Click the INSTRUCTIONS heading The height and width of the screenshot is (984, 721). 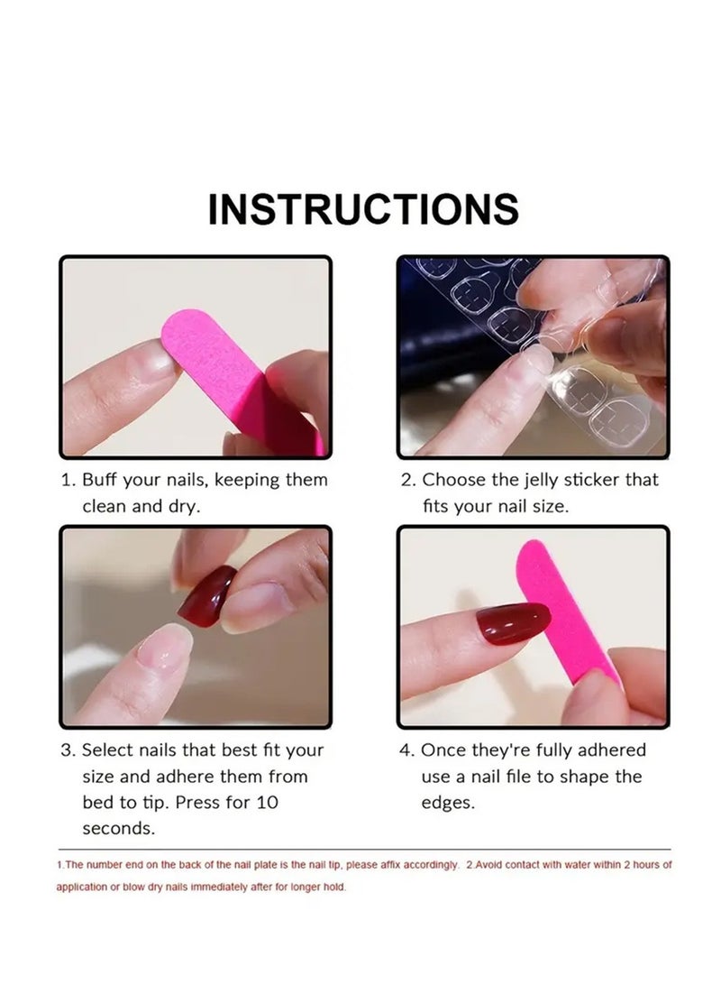coord(363,209)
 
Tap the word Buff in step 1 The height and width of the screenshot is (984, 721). coord(101,480)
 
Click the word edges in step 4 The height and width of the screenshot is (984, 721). coord(448,802)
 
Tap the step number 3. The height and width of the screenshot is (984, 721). coord(67,749)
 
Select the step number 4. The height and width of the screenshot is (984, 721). coord(406,749)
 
